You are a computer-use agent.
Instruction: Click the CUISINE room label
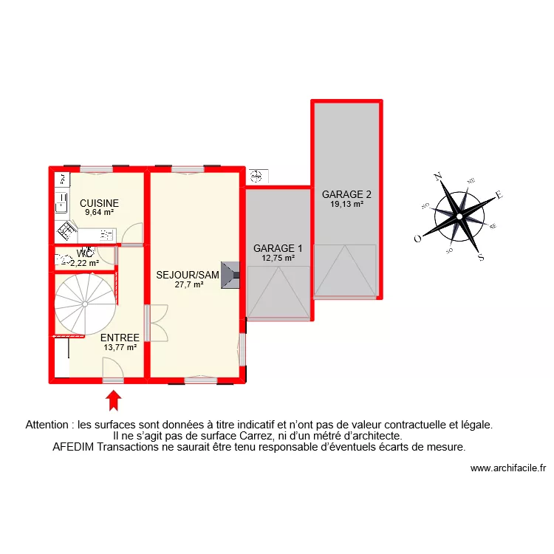pos(100,203)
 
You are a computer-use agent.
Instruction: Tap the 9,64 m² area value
pos(100,212)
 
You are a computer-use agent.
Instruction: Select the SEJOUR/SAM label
pos(188,276)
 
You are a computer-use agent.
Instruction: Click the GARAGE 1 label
pos(278,248)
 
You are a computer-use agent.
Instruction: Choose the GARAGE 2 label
pos(346,195)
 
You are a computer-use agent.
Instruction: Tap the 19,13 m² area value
pos(346,205)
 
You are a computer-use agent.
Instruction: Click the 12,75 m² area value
pos(278,258)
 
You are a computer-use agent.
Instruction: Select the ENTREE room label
pos(120,338)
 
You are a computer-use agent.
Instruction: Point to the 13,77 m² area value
pos(120,347)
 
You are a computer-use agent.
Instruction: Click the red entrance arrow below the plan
pos(113,400)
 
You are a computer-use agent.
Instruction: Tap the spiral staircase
pos(84,303)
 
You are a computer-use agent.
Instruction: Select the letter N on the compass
pos(437,176)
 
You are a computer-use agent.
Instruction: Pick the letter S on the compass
pos(481,257)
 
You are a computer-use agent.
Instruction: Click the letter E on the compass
pos(499,195)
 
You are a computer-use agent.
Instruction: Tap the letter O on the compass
pos(417,238)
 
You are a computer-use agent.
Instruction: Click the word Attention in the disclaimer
pos(49,425)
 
